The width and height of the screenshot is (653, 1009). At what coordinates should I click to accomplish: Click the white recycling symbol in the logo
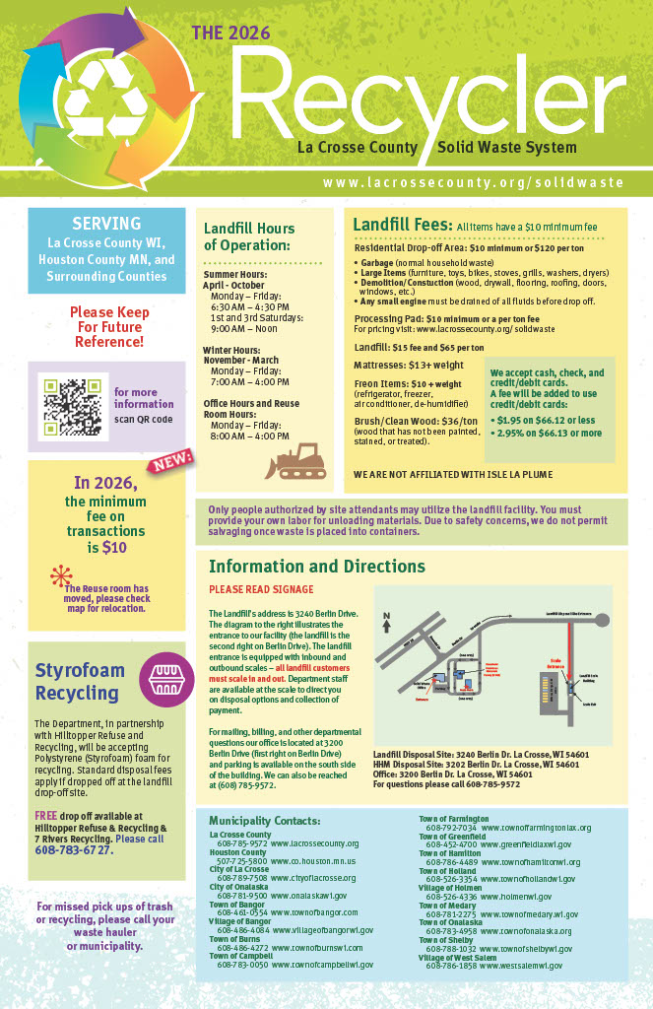click(x=111, y=99)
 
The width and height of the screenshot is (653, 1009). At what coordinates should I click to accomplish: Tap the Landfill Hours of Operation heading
click(x=249, y=236)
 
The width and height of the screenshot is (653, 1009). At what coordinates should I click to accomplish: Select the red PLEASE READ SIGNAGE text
click(x=261, y=589)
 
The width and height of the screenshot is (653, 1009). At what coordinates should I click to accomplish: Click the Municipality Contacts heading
click(x=264, y=821)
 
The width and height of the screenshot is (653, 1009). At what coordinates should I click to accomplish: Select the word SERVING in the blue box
click(x=106, y=224)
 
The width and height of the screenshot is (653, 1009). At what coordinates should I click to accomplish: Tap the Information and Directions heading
click(x=317, y=567)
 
